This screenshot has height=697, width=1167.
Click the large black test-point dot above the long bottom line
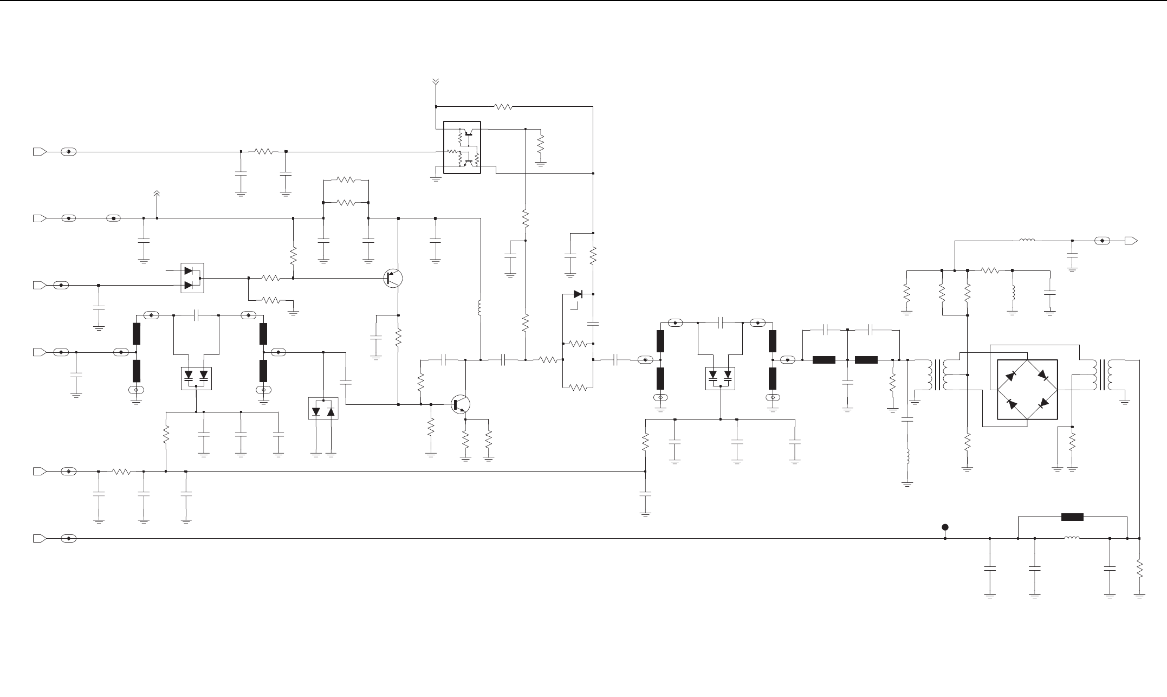pyautogui.click(x=945, y=527)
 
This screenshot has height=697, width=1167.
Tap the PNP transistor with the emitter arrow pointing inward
pyautogui.click(x=393, y=278)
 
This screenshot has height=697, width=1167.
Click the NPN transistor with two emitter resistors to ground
pyautogui.click(x=461, y=404)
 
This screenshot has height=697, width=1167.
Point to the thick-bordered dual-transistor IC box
pyautogui.click(x=462, y=147)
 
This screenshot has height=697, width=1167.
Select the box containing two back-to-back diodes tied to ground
pyautogui.click(x=323, y=408)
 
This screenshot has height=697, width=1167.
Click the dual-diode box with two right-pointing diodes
pyautogui.click(x=191, y=278)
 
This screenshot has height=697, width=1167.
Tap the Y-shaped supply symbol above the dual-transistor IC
pyautogui.click(x=436, y=83)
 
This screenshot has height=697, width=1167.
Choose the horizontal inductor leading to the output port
pyautogui.click(x=1027, y=240)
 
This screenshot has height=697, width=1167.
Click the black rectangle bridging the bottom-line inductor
pyautogui.click(x=1072, y=517)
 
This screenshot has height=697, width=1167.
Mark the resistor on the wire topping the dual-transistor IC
pyautogui.click(x=503, y=107)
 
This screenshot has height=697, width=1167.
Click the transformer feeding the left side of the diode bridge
pyautogui.click(x=939, y=375)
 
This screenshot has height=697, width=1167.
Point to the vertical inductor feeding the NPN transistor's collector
pyautogui.click(x=480, y=308)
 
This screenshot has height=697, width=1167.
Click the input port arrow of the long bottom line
pyautogui.click(x=39, y=538)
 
